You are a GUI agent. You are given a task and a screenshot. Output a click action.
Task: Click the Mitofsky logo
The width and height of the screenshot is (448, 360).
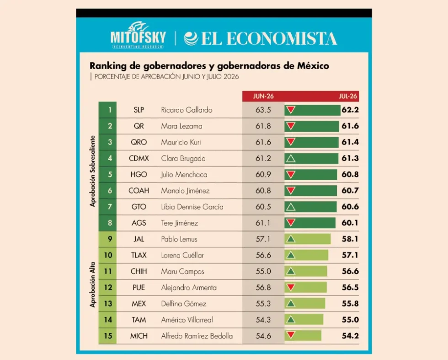click(138, 35)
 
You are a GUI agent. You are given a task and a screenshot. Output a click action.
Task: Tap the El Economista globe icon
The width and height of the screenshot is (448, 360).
click(191, 38)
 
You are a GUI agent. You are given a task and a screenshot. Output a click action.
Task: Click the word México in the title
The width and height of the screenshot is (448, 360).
click(313, 66)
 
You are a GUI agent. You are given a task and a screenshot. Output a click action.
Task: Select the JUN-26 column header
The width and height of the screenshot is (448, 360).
click(263, 97)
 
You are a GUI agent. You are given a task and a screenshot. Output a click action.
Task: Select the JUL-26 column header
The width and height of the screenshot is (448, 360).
click(348, 97)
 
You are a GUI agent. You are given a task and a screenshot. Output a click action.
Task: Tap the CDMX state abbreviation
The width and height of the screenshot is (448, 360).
click(139, 158)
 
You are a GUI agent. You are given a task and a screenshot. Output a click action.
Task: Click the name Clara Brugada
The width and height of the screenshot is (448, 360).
click(183, 158)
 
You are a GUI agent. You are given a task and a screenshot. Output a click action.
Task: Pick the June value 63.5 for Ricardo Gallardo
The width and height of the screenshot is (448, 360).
click(263, 110)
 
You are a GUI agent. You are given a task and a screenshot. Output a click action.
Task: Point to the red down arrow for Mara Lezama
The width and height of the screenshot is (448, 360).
click(291, 126)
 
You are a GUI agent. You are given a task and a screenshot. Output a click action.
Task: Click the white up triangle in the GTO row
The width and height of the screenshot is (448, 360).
click(291, 206)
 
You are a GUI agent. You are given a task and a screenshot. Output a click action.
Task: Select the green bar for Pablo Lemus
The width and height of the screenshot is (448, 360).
click(307, 239)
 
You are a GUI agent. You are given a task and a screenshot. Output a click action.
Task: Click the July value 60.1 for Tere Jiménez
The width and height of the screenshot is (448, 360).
click(350, 223)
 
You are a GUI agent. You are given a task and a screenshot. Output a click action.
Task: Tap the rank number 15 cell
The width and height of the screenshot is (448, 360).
click(107, 336)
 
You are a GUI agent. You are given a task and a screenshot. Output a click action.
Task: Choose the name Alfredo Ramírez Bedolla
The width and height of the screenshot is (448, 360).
click(197, 336)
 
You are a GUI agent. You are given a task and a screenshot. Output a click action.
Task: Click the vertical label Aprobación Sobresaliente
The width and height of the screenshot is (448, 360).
click(92, 171)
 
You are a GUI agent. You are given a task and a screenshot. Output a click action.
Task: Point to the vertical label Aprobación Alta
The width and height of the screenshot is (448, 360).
click(92, 285)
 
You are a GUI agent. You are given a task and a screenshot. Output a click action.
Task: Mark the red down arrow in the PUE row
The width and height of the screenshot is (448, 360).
click(291, 287)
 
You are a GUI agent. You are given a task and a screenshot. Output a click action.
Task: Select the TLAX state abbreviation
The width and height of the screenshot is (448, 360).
click(139, 255)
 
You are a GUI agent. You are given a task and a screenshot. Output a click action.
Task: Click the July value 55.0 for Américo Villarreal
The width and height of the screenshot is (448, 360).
click(350, 320)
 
